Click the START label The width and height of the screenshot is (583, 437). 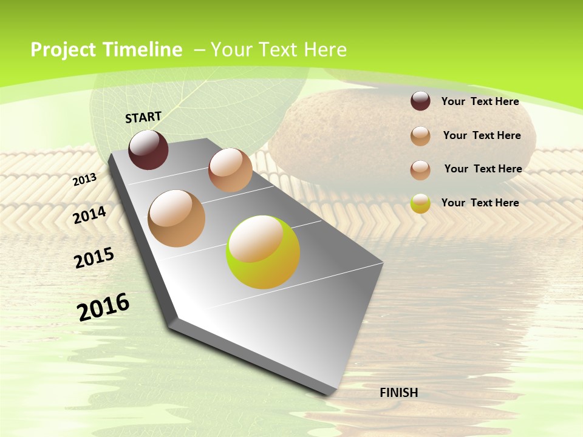coord(143,117)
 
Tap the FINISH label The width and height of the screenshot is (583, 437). coord(399,393)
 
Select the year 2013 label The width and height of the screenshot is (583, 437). coord(85,180)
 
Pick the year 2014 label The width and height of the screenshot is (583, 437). coord(90,215)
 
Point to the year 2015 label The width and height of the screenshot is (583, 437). coord(94,258)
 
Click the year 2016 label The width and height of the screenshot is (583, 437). coord(103,307)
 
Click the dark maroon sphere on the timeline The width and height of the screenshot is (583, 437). coord(148,150)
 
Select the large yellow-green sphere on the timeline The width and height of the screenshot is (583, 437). coord(263,252)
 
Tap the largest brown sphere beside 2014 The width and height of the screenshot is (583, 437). coord(177,218)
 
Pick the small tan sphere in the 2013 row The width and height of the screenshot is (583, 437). coord(230,170)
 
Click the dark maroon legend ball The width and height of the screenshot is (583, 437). coord(420,101)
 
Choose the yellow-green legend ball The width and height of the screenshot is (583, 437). coord(420,203)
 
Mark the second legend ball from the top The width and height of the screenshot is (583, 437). coord(420,136)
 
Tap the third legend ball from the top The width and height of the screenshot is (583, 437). coord(420,170)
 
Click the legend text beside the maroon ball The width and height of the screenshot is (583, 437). coord(480,101)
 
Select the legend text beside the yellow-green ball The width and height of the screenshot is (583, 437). coord(480,203)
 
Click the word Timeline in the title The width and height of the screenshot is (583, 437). coord(141,50)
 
